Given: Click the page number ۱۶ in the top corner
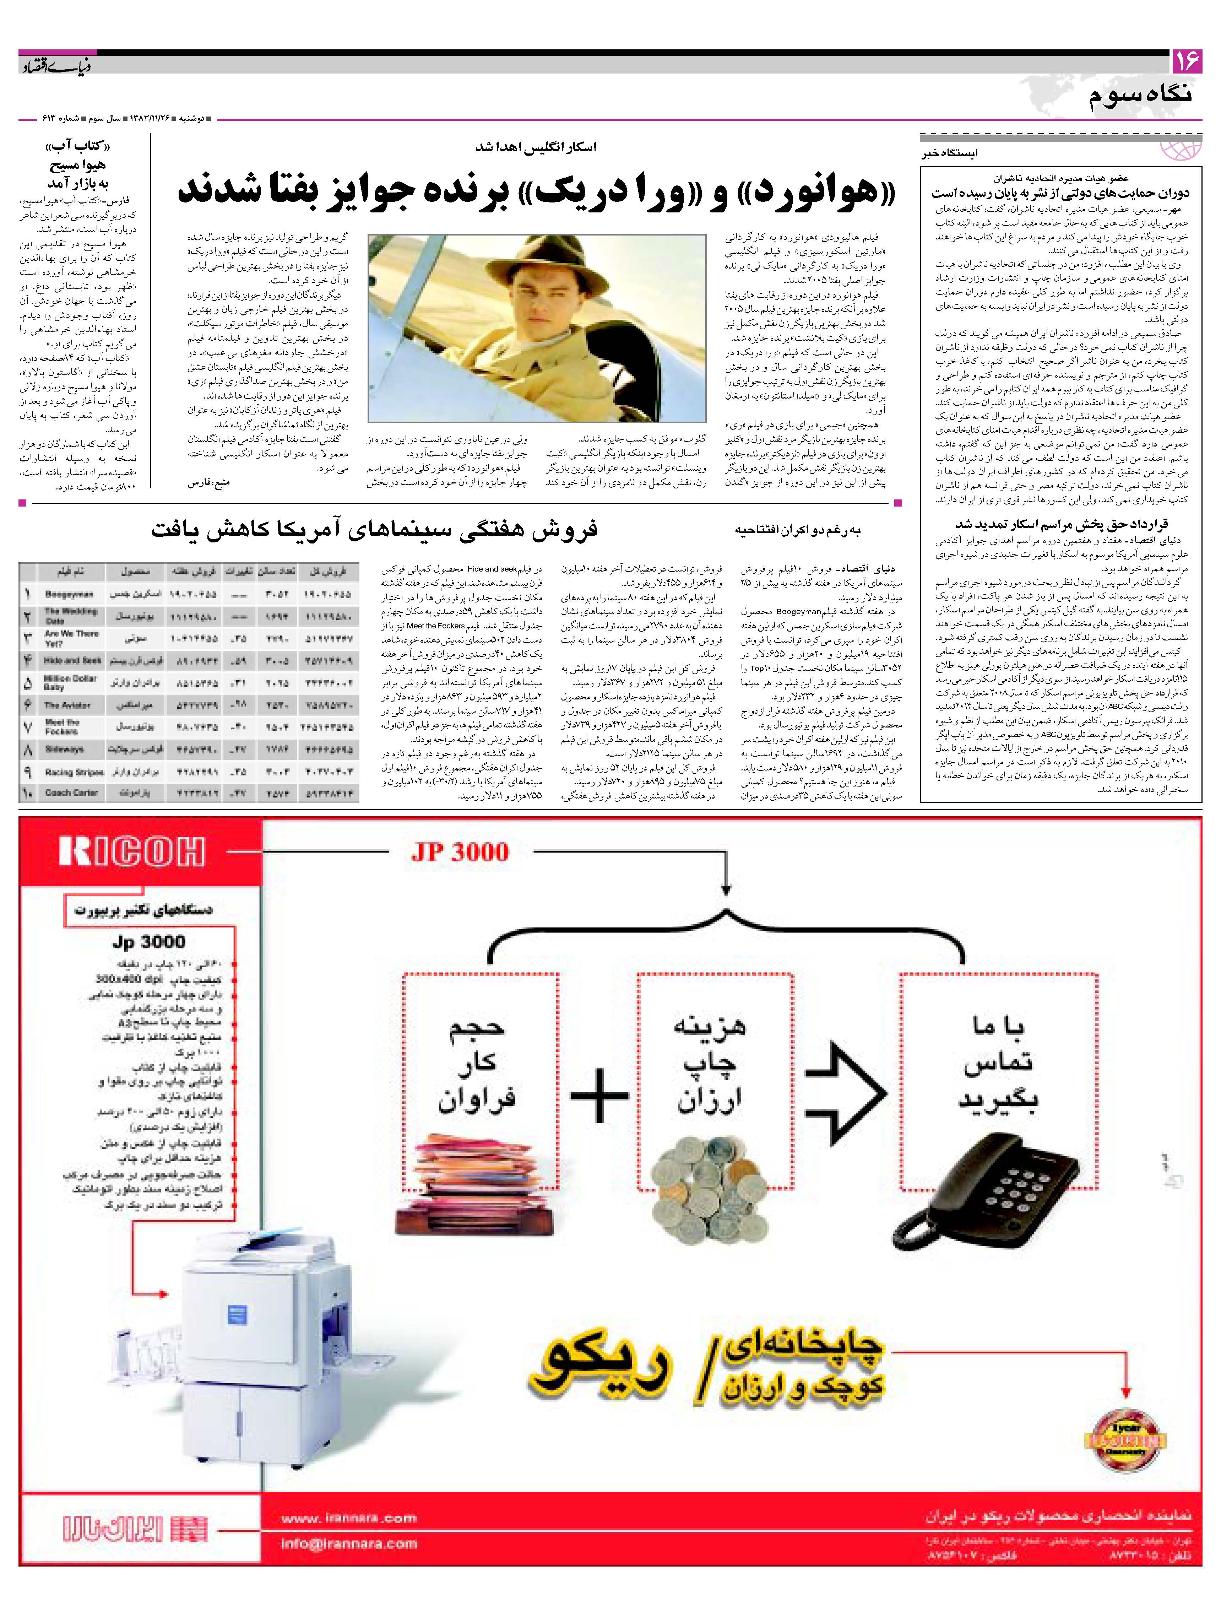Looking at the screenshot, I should coord(1186,63).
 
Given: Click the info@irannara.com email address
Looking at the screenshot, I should coord(348,1543).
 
